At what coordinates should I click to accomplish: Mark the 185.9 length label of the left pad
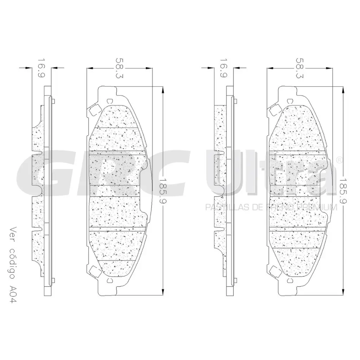point(162,190)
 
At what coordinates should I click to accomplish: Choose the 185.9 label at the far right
point(343,190)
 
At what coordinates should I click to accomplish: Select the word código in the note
point(13,264)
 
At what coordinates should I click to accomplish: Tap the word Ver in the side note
point(13,235)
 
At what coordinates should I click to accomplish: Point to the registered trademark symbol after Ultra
point(339,160)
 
